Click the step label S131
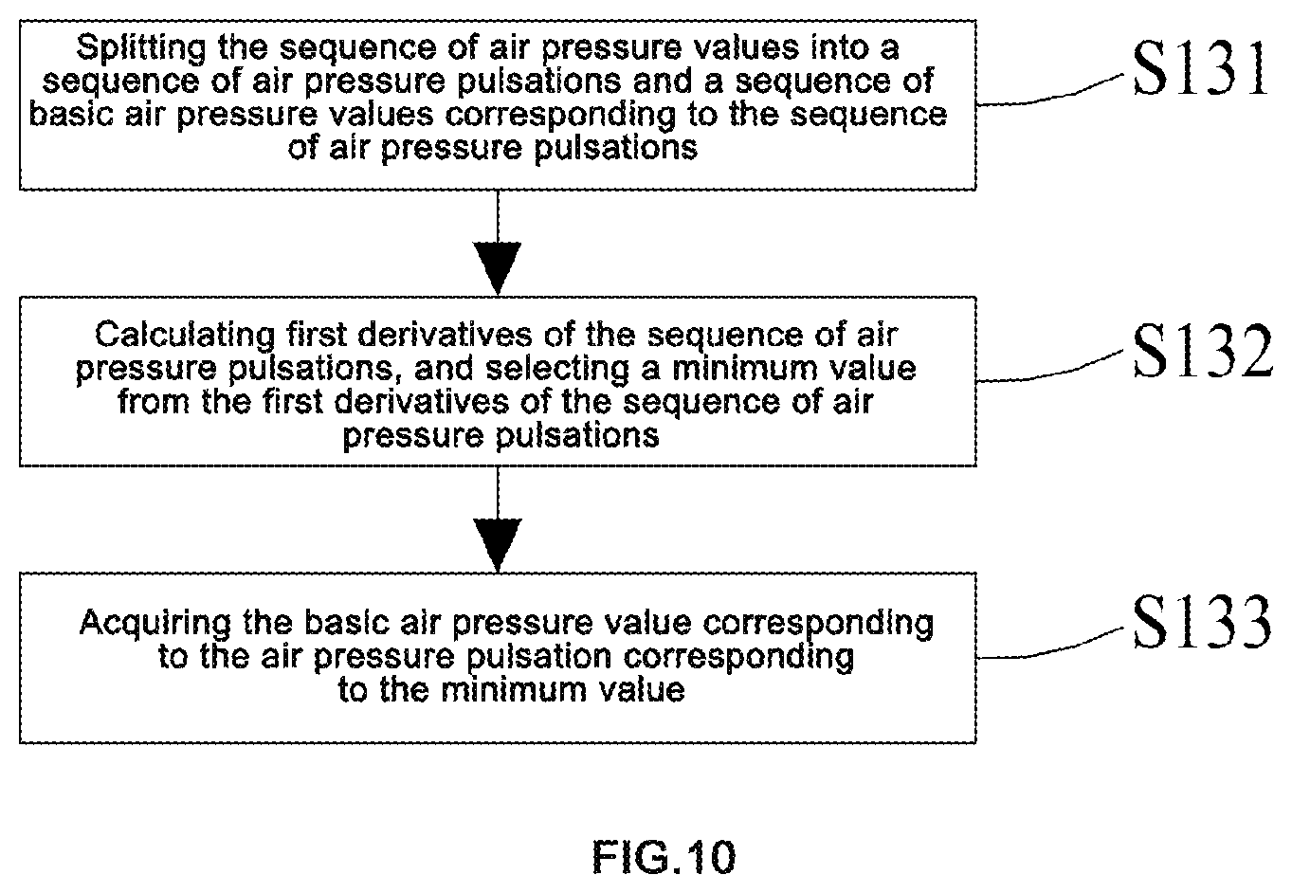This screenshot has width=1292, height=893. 1200,70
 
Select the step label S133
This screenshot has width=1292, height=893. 1202,622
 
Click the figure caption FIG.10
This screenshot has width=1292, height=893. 664,858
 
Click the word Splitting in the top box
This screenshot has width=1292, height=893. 140,48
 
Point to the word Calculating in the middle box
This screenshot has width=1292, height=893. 185,336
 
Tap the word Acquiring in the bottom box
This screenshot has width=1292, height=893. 155,624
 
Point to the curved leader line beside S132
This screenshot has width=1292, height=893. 1051,369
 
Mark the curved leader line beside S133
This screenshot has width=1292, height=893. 1051,645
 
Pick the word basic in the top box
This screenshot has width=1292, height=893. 71,114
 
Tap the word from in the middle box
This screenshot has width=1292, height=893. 154,402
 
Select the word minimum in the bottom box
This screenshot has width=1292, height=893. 514,690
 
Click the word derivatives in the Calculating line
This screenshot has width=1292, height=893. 445,336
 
